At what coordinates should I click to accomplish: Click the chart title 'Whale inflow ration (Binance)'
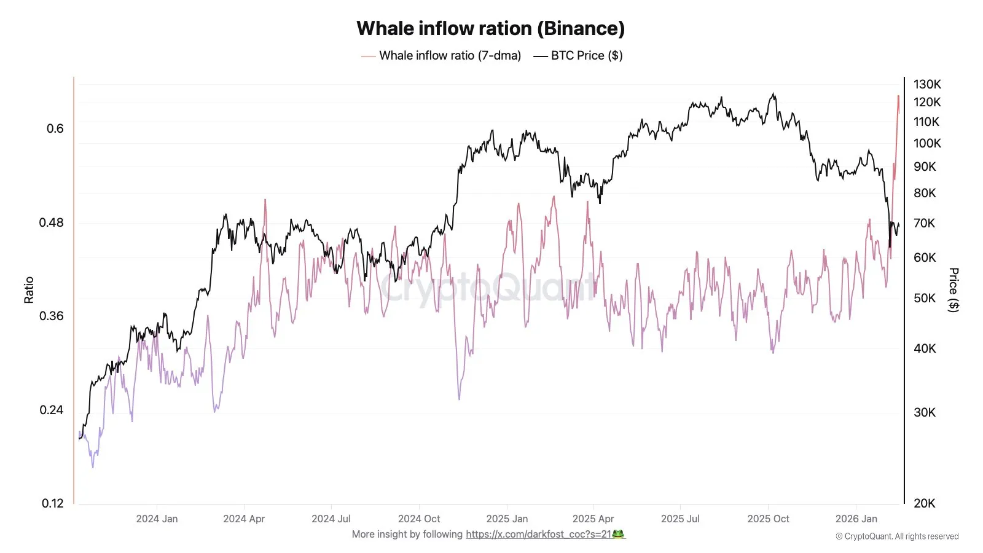490,28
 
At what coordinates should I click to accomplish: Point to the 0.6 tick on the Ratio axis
55,128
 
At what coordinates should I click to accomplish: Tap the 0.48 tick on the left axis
52,222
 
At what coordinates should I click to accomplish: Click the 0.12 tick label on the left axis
53,503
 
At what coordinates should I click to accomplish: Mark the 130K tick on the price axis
927,84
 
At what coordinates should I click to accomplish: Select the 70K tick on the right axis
924,223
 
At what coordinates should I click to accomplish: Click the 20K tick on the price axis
924,503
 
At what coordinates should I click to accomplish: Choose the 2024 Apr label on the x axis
244,519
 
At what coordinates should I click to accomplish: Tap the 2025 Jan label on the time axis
507,519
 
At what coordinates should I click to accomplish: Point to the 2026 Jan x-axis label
856,519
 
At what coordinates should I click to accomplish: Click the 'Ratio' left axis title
29,290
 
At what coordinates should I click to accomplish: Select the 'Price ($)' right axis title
954,290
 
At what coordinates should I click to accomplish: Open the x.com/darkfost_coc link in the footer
538,534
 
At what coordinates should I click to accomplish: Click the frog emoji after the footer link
619,534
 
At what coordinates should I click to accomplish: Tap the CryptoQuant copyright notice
897,536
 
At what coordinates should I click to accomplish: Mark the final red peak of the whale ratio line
898,96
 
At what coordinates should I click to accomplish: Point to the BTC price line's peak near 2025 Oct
773,94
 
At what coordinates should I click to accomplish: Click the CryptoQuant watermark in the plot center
488,288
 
